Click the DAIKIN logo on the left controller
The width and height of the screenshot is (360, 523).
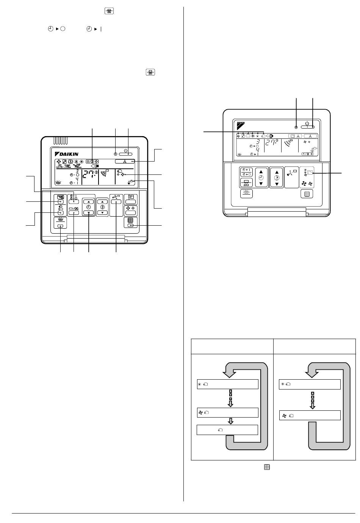67,154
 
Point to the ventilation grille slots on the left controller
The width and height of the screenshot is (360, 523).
60,141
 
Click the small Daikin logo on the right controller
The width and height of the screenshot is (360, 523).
241,124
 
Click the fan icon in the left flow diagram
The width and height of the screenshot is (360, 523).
200,412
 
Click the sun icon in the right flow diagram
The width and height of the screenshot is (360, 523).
282,384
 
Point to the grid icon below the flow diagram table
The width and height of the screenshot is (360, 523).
267,468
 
